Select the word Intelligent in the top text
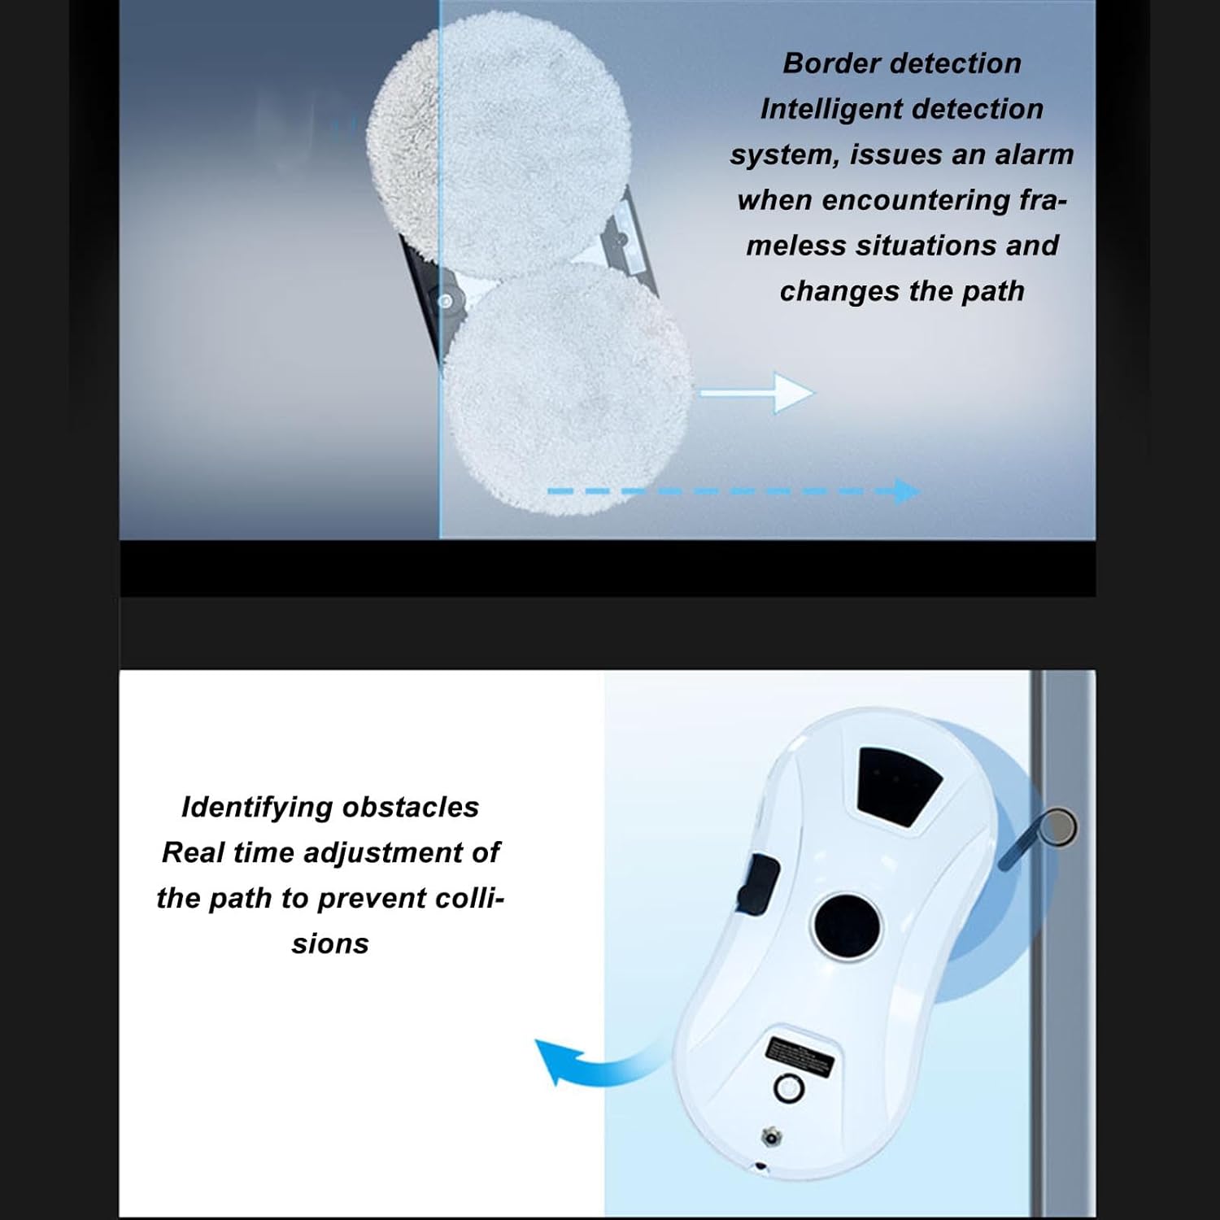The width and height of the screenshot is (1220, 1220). click(831, 110)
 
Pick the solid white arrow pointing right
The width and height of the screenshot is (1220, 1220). click(756, 394)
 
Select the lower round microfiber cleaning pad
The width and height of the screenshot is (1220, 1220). click(568, 386)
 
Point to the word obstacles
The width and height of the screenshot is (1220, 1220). click(411, 808)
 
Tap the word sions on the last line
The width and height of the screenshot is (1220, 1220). click(330, 944)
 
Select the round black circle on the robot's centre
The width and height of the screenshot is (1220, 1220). click(846, 926)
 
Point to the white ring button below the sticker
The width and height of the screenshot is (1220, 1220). click(788, 1087)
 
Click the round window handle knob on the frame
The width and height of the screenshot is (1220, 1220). click(1060, 827)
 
